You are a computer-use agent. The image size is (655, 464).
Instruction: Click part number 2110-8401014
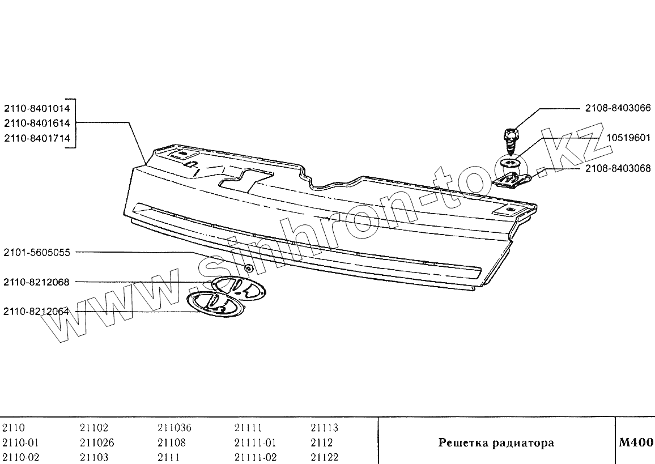(37, 107)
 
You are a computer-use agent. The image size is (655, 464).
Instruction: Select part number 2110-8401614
(37, 122)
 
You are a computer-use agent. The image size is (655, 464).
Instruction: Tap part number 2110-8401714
(37, 138)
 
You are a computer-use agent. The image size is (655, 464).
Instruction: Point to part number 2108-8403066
(618, 108)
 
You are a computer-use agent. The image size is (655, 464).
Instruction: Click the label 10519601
(628, 138)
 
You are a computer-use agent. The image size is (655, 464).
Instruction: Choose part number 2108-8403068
(618, 168)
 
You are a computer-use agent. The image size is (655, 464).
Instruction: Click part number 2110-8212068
(37, 282)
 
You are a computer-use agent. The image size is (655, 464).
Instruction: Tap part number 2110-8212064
(37, 311)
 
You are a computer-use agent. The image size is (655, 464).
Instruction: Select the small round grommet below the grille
(248, 267)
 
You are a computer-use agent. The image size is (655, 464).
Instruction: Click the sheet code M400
(636, 442)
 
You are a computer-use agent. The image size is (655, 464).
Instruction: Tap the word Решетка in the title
(464, 443)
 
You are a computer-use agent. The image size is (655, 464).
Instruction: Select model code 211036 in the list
(175, 428)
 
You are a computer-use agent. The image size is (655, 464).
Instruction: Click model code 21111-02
(255, 457)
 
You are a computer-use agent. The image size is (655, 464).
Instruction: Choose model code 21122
(325, 457)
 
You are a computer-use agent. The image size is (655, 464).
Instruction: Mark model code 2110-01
(20, 442)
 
